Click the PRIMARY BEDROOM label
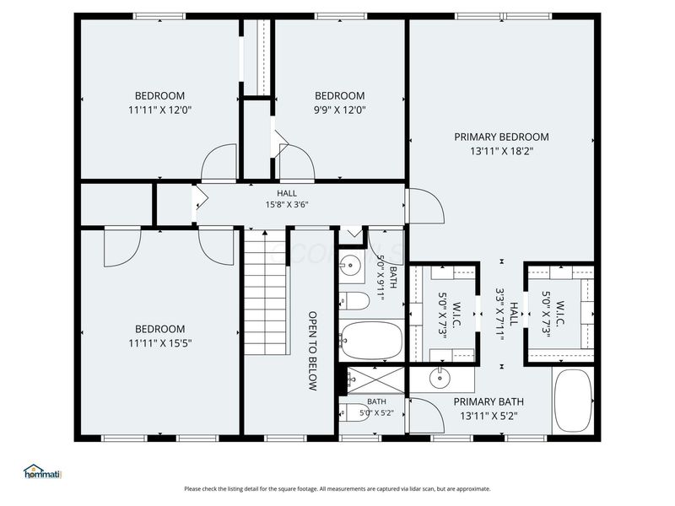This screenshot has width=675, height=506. pos(501,137)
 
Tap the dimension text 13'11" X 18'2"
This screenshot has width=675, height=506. pos(501,152)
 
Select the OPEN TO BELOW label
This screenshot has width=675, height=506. pos(313,351)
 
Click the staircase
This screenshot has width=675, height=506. pos(265,293)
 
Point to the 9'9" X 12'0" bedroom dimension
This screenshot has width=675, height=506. pos(340,110)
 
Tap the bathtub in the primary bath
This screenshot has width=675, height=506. pos(573,400)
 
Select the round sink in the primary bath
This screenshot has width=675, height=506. pos(440,378)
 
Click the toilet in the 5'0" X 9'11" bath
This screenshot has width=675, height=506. pos(354,301)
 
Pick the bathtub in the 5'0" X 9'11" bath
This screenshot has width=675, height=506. pos(371,340)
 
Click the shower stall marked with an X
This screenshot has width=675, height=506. pos(375,380)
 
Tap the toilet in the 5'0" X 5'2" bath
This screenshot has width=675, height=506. pos(354,412)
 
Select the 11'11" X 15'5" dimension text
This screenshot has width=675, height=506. pos(159,343)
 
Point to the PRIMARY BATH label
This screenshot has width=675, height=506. pos(489,402)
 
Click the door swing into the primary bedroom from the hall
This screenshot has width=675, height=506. pos(427,206)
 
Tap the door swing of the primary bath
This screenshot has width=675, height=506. pos(427,415)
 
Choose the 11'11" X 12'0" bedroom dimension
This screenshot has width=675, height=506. pos(159,110)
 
